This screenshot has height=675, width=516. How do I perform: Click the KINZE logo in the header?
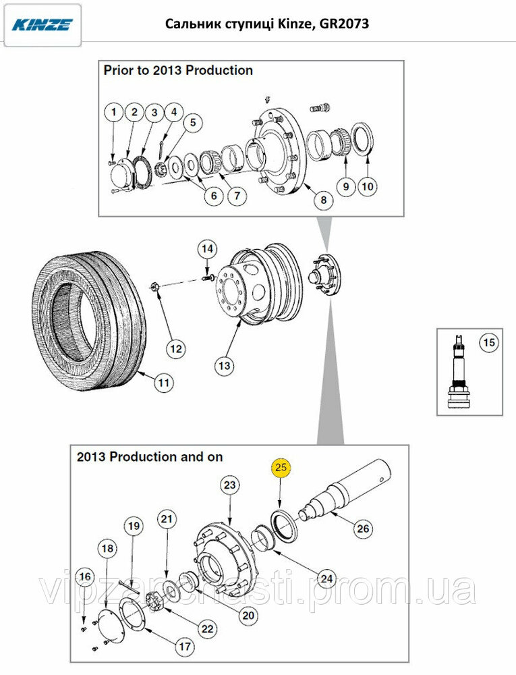coord(41,25)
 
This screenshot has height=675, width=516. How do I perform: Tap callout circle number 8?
coord(322,200)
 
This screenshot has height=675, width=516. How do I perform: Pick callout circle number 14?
coord(207,249)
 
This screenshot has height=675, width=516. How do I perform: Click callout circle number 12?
coord(176,349)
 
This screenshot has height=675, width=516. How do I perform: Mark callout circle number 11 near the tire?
coord(163,383)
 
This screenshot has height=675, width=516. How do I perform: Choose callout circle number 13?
coord(224,367)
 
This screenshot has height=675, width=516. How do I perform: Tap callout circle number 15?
coord(488,343)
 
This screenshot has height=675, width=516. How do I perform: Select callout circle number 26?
coord(363,529)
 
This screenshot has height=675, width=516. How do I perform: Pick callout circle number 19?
coord(133,526)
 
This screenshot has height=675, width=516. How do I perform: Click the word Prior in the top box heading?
coord(119,70)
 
